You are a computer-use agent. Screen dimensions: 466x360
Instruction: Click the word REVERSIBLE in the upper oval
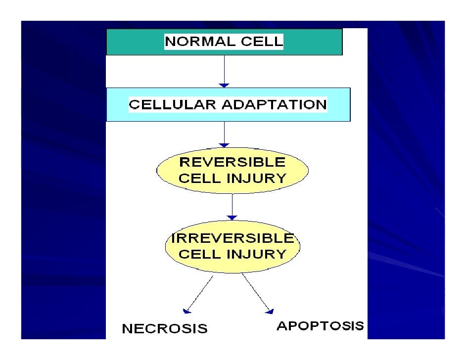pyautogui.click(x=232, y=162)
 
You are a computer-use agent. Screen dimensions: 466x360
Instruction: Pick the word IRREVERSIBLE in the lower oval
pyautogui.click(x=232, y=238)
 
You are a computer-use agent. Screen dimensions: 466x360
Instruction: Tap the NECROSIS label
pyautogui.click(x=165, y=329)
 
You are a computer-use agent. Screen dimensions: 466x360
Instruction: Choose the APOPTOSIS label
pyautogui.click(x=320, y=326)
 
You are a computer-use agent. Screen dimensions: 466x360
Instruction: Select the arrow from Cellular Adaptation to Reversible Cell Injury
pyautogui.click(x=225, y=135)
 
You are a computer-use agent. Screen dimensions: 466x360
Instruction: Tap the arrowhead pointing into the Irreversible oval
pyautogui.click(x=232, y=217)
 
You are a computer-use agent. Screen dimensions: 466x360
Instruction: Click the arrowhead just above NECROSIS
pyautogui.click(x=186, y=311)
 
